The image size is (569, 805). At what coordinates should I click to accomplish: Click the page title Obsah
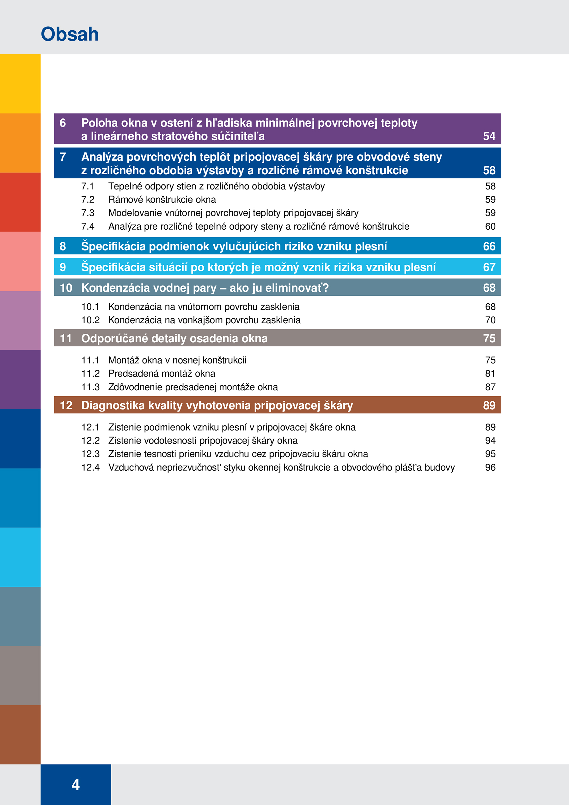pyautogui.click(x=70, y=34)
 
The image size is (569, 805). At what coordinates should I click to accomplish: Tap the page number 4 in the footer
pyautogui.click(x=76, y=785)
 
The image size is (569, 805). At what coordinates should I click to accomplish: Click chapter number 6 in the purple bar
pyautogui.click(x=63, y=123)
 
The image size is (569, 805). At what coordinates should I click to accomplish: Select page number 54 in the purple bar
pyautogui.click(x=489, y=136)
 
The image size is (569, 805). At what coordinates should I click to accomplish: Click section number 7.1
pyautogui.click(x=88, y=186)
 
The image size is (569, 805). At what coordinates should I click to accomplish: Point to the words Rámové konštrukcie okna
pyautogui.click(x=162, y=200)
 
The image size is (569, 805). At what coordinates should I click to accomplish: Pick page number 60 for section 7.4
pyautogui.click(x=490, y=226)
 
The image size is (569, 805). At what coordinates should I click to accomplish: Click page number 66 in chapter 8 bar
pyautogui.click(x=489, y=246)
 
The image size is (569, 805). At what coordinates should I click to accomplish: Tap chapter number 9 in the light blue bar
pyautogui.click(x=63, y=267)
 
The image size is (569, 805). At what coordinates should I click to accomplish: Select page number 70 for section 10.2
pyautogui.click(x=490, y=320)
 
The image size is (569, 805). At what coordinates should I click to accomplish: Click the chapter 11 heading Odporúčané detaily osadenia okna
pyautogui.click(x=174, y=338)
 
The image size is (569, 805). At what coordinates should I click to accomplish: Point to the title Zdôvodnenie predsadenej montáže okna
pyautogui.click(x=193, y=387)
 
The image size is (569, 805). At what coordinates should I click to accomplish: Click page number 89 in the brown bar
pyautogui.click(x=489, y=405)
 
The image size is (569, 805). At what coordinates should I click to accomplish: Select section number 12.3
pyautogui.click(x=90, y=454)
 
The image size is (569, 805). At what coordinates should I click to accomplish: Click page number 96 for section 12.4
pyautogui.click(x=490, y=468)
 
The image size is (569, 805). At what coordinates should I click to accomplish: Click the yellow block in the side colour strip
pyautogui.click(x=20, y=84)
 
